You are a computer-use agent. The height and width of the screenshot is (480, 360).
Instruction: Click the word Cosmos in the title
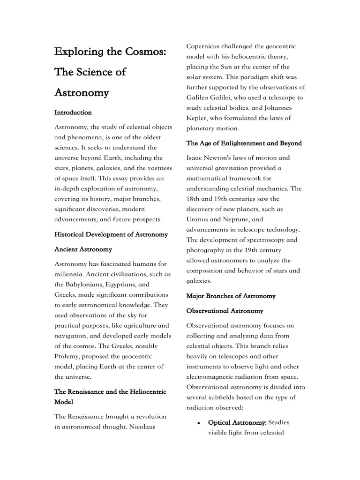[146, 52]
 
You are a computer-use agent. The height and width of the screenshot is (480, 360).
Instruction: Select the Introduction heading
[73, 112]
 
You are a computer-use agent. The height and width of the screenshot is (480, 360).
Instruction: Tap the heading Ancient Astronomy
[83, 249]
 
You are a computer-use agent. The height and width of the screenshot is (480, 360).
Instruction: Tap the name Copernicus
[206, 46]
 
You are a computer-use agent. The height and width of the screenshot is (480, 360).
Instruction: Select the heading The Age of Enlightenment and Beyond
[244, 143]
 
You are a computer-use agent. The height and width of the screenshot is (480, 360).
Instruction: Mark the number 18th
[194, 199]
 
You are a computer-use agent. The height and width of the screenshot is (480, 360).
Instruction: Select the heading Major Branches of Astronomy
[231, 296]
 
